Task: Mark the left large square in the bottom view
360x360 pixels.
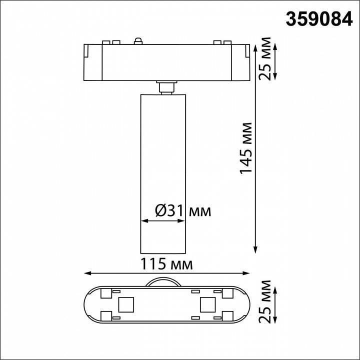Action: coord(124,303)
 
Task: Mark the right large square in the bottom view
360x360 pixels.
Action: coord(206,303)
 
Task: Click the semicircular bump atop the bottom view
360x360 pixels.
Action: coord(165,281)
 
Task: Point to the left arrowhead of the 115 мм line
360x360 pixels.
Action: coord(86,273)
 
